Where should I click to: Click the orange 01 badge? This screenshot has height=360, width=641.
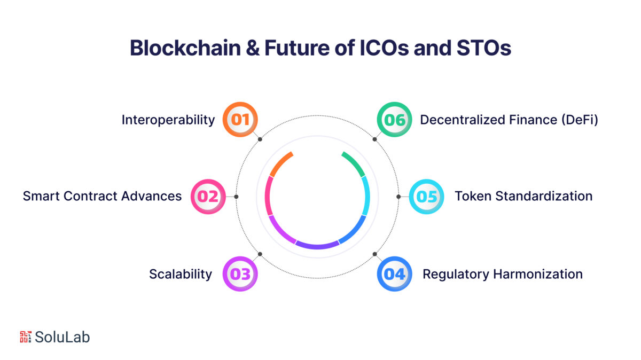tap(240, 119)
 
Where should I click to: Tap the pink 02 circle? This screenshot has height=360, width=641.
tap(208, 197)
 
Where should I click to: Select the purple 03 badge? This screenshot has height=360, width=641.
tap(240, 274)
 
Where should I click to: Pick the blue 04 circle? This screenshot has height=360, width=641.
tap(394, 274)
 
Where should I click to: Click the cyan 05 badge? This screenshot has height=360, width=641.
tap(426, 197)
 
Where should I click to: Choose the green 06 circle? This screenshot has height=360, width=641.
tap(394, 119)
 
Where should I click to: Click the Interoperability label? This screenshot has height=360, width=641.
tap(168, 120)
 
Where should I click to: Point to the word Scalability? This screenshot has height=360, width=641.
tap(181, 274)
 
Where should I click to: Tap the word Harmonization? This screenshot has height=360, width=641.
tap(538, 274)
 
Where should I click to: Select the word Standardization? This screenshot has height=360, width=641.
tap(544, 196)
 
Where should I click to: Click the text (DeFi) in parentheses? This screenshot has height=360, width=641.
tap(580, 120)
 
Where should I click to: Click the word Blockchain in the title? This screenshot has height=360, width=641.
tap(185, 48)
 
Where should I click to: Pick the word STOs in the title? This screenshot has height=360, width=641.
tap(484, 48)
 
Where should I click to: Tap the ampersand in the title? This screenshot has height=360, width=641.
tap(253, 48)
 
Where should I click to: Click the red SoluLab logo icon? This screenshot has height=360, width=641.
tap(26, 337)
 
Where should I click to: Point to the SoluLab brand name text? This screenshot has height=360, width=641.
tap(62, 337)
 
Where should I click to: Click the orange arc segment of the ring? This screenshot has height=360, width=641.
tap(280, 163)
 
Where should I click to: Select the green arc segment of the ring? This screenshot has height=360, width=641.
tap(355, 163)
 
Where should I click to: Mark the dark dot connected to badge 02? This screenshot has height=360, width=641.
tap(236, 197)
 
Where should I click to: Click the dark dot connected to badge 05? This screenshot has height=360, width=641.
tap(398, 197)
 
